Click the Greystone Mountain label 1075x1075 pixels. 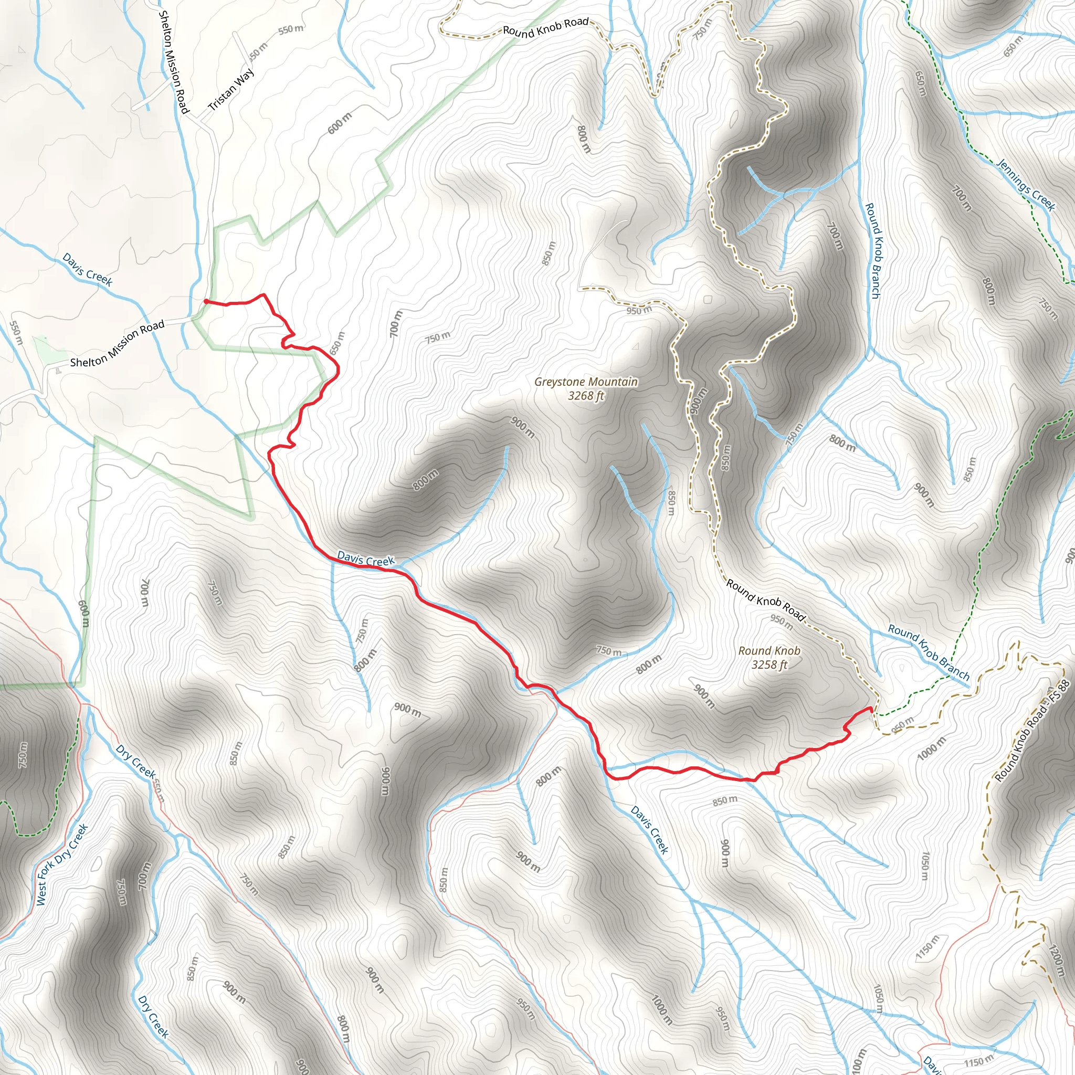click(x=586, y=382)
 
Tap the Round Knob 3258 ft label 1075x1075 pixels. click(x=769, y=657)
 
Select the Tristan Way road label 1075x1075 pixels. click(x=231, y=89)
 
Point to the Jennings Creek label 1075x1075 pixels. click(x=1026, y=185)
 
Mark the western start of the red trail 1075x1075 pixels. click(x=206, y=301)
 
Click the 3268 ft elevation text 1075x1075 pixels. click(x=586, y=396)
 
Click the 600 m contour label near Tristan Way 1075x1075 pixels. click(x=340, y=123)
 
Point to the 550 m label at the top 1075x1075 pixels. click(x=290, y=29)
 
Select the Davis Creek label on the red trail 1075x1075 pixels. click(x=365, y=558)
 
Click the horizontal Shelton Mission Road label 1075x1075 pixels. click(x=118, y=344)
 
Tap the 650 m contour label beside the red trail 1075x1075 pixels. click(x=337, y=343)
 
